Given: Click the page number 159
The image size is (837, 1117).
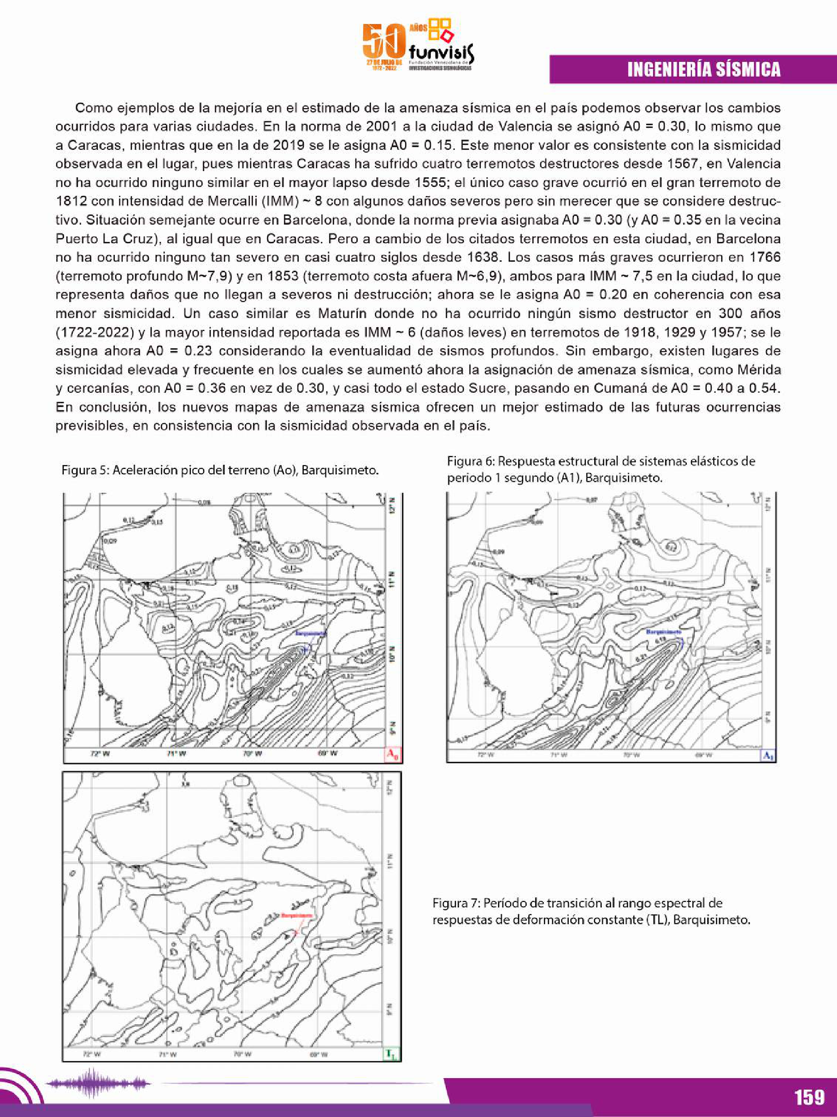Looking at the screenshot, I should tap(809, 1097).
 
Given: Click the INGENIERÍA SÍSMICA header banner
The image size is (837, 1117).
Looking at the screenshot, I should tap(703, 69).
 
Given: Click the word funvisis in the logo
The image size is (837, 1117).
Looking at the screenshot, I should tap(442, 52).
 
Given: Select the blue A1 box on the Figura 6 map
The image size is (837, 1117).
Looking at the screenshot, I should tap(768, 756).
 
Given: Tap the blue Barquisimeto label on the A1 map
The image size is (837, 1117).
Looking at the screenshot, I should tap(664, 632).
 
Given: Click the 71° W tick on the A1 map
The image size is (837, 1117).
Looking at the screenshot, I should tap(558, 756).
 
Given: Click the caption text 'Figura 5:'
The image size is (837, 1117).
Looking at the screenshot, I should tap(84, 470).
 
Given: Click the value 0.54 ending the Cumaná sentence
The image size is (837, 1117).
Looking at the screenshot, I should tap(765, 388).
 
